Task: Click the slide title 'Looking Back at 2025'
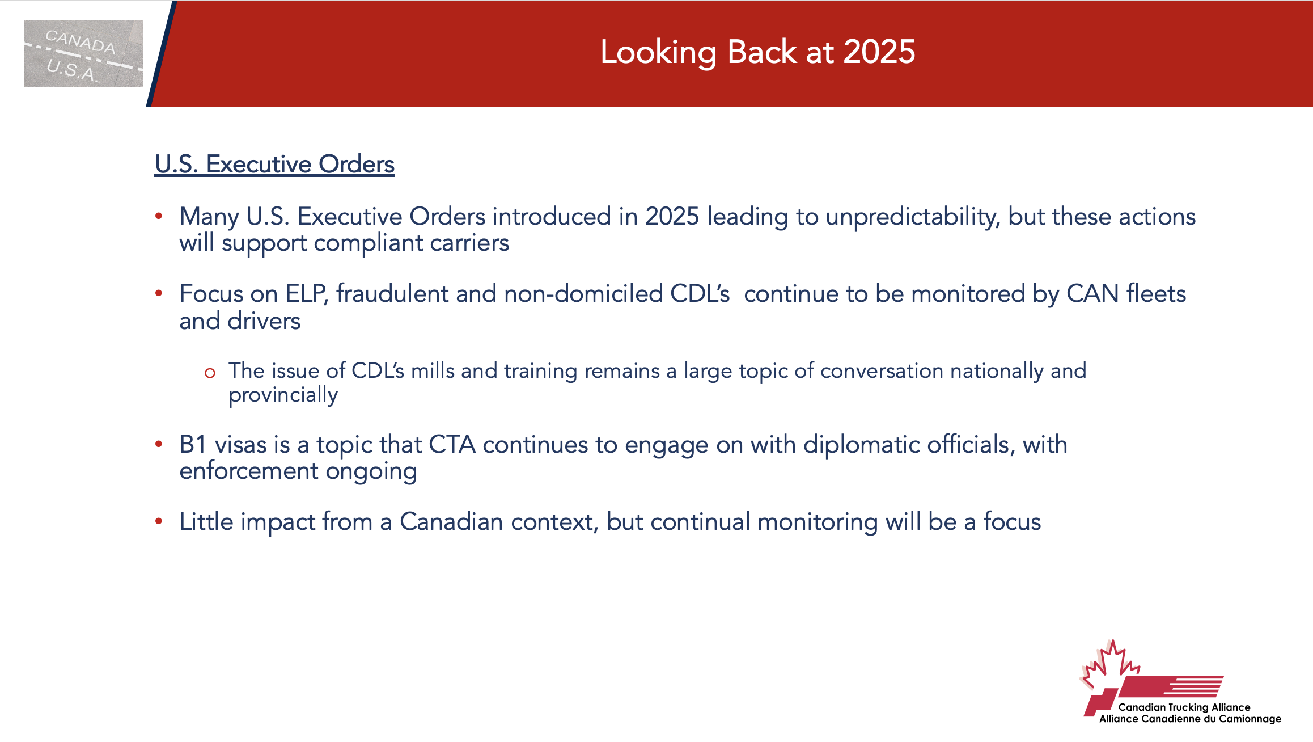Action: pos(758,52)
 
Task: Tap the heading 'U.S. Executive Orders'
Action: pos(274,165)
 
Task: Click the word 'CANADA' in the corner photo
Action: pos(81,42)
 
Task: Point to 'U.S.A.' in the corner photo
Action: pos(73,70)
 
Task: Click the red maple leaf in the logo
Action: pos(1109,664)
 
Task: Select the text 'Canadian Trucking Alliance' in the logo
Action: pos(1184,707)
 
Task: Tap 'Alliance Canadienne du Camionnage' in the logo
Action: pos(1191,719)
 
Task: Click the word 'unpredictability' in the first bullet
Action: pos(913,217)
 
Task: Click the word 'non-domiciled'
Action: pos(583,294)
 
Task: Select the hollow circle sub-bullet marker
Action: pos(210,373)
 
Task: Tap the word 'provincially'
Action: pos(283,395)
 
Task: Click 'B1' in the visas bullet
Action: pos(193,444)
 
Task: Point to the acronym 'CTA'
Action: pos(452,444)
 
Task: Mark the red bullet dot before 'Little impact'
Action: pos(159,521)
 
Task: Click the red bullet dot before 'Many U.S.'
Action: pos(159,216)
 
